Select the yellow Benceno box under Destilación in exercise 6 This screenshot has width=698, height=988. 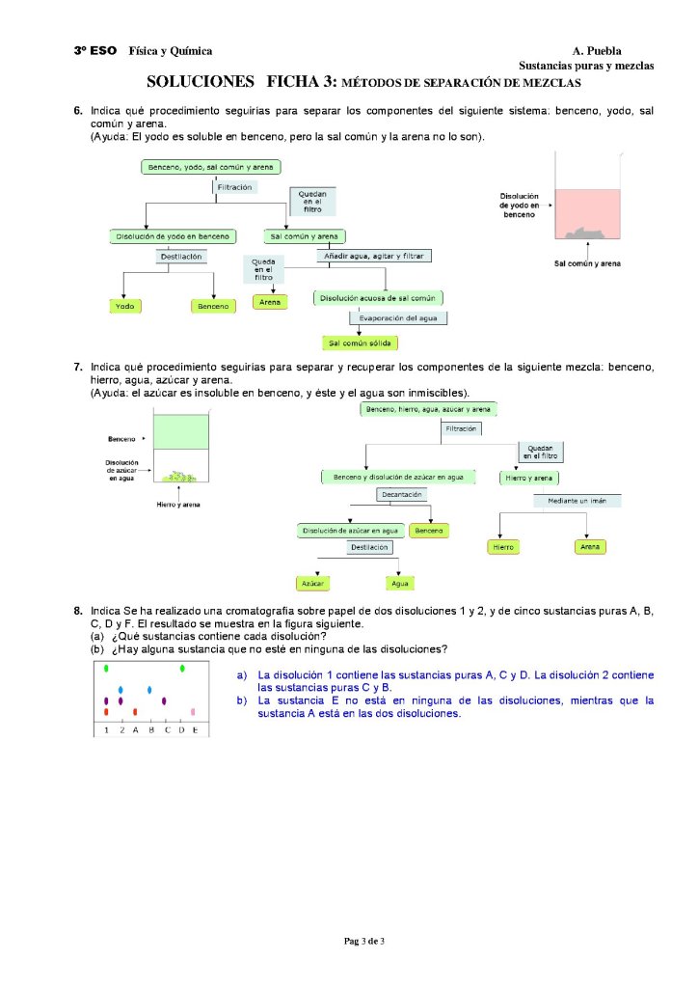click(x=214, y=306)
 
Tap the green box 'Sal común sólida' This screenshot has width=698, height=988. click(x=361, y=343)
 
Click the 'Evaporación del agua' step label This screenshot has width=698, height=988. click(x=398, y=317)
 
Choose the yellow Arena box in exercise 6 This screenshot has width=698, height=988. click(x=271, y=302)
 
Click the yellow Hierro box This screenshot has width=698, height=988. click(x=503, y=547)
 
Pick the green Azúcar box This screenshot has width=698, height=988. click(x=311, y=584)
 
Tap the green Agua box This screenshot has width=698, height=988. click(x=399, y=584)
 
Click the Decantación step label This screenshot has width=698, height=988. click(x=402, y=494)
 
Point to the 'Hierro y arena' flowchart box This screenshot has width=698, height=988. click(x=530, y=478)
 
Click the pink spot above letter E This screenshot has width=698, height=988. click(x=194, y=712)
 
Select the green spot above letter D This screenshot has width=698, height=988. click(x=181, y=669)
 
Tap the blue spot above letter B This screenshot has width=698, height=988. click(x=149, y=690)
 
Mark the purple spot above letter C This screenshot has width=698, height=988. click(x=165, y=700)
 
